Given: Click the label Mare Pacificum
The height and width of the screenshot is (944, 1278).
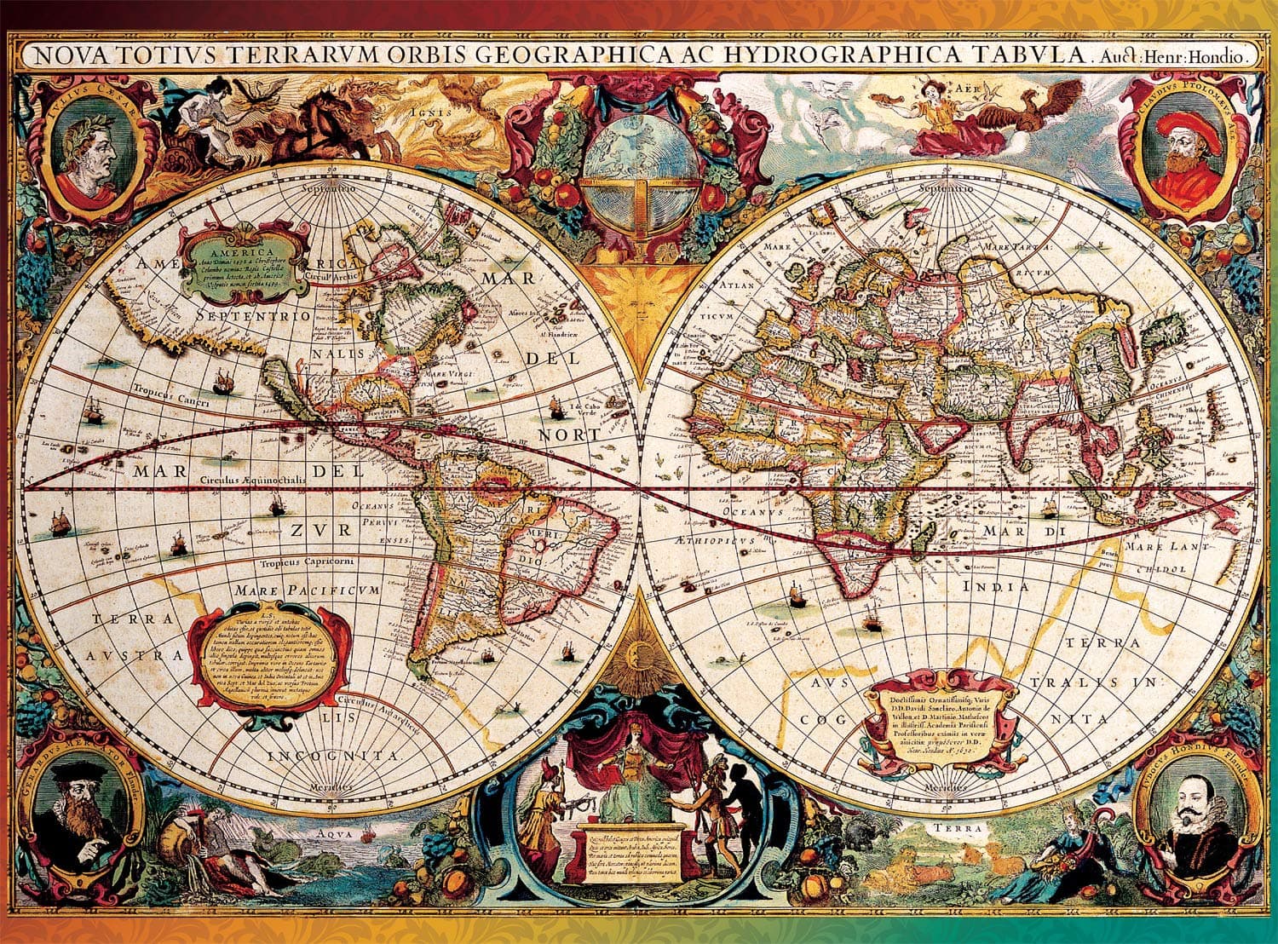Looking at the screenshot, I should (308, 590).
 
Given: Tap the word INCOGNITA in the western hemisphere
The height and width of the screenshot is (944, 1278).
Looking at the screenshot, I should (333, 756).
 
